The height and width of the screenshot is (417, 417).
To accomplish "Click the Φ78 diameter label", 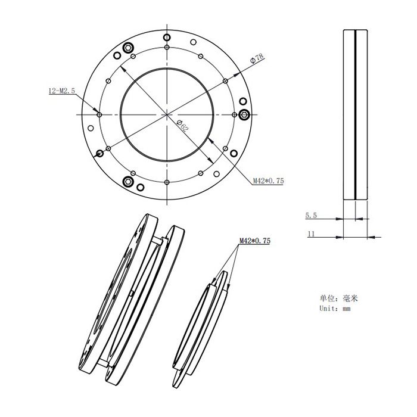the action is (x=257, y=58).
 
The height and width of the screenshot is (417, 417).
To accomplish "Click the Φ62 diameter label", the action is (x=183, y=126).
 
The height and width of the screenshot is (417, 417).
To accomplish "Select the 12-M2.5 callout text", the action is (x=62, y=91).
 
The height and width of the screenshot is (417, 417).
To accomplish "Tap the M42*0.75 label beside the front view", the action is (x=268, y=181).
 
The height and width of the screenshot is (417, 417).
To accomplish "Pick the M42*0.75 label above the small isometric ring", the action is (x=255, y=241).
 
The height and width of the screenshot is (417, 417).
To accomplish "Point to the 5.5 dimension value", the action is (x=311, y=216).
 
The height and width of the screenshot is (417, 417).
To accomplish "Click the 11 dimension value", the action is (x=311, y=234).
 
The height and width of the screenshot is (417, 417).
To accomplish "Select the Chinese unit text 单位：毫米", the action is (x=338, y=298).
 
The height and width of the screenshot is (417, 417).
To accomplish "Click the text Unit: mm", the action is (x=335, y=309).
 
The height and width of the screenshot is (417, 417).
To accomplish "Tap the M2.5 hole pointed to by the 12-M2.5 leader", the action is (x=99, y=114).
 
